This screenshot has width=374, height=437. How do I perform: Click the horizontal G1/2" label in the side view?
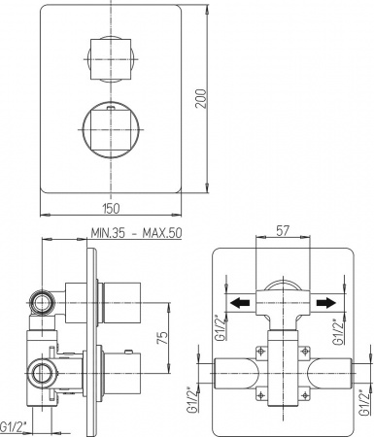click(14, 425)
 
